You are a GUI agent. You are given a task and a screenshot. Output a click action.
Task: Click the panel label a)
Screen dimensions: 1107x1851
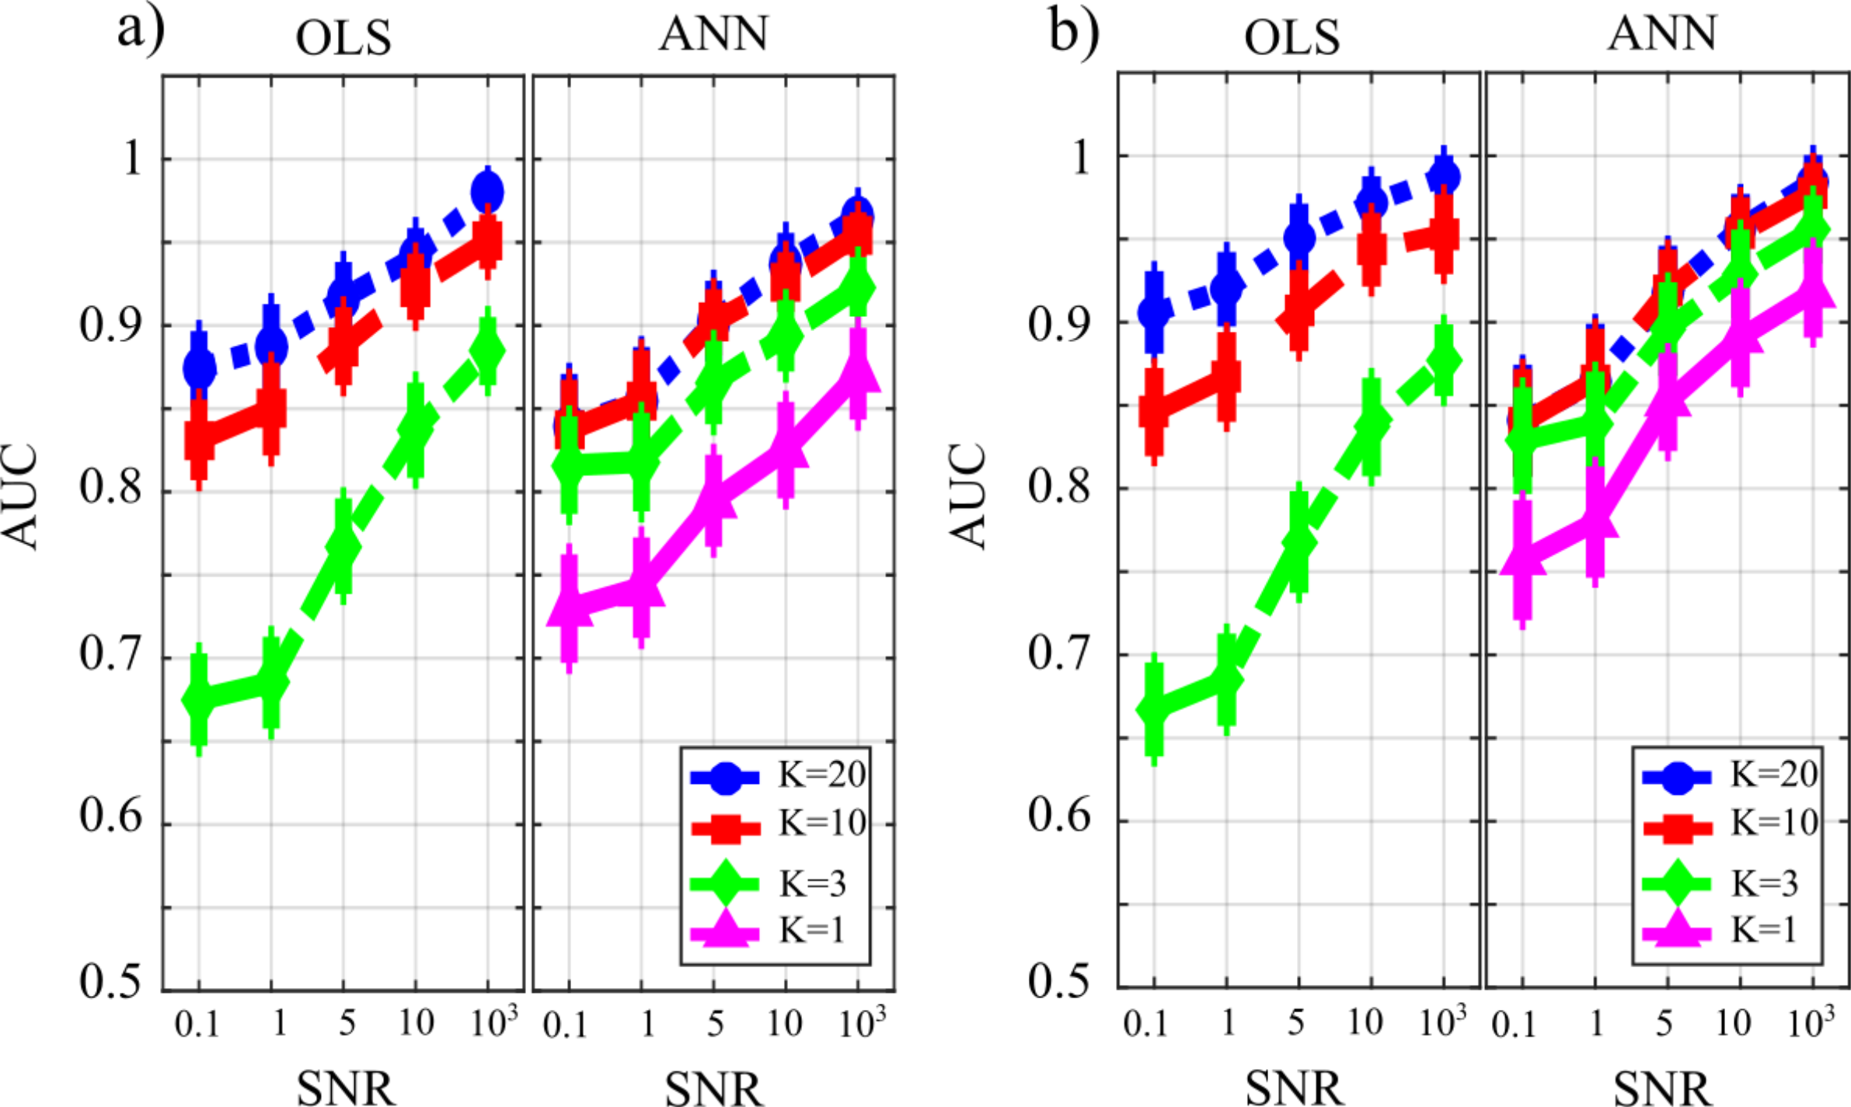click(141, 31)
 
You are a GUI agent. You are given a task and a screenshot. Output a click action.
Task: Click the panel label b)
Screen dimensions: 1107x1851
click(1074, 31)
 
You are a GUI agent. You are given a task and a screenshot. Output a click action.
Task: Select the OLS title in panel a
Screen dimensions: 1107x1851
click(343, 37)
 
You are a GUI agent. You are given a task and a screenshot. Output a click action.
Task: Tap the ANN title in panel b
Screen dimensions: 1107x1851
click(1661, 34)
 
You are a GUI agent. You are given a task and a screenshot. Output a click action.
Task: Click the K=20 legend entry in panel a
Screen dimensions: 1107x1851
click(777, 775)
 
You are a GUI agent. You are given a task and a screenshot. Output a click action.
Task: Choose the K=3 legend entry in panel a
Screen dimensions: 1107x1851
click(777, 882)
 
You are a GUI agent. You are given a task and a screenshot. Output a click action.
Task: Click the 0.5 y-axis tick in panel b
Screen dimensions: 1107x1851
click(1060, 980)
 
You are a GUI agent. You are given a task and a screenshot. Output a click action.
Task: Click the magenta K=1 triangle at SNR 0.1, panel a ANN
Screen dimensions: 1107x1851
click(570, 608)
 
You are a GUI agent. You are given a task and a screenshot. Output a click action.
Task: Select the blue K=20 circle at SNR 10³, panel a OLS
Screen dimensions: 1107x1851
click(488, 192)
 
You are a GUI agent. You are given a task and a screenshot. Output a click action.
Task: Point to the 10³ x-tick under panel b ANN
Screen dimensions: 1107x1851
click(1811, 1022)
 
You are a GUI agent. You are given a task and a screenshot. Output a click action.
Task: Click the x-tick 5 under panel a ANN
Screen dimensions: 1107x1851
click(715, 1024)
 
